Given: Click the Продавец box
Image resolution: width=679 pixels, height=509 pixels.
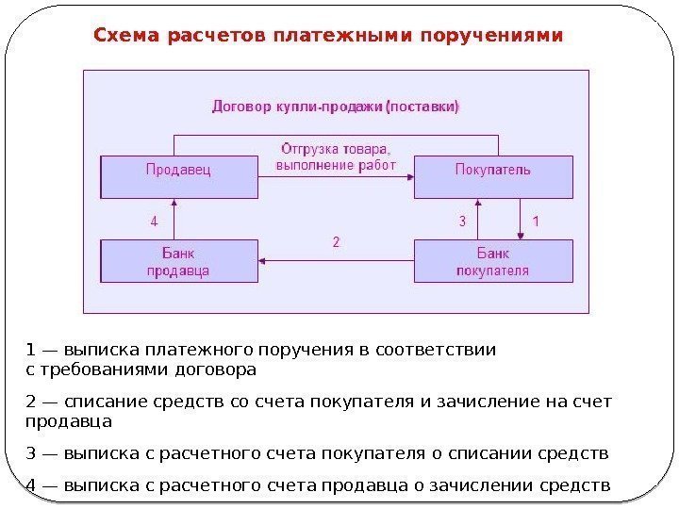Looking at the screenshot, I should coord(179,177).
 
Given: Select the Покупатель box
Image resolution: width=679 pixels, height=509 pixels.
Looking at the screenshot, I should coord(493,177).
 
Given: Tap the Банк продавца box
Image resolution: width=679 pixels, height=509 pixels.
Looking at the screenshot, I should coord(179,261).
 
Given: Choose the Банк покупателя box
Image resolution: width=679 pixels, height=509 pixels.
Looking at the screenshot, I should coord(493,261).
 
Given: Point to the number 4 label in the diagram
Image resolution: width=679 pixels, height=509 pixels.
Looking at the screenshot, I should coord(155,222).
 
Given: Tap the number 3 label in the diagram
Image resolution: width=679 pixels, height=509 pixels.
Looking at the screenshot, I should coord(462,222).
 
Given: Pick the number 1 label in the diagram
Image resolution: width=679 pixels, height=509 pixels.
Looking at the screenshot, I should coord(537,222).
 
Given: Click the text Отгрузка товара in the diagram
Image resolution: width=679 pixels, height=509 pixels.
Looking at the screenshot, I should coord(336,149).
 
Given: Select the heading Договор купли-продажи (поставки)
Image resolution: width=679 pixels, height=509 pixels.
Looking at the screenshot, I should coord(336,106).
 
